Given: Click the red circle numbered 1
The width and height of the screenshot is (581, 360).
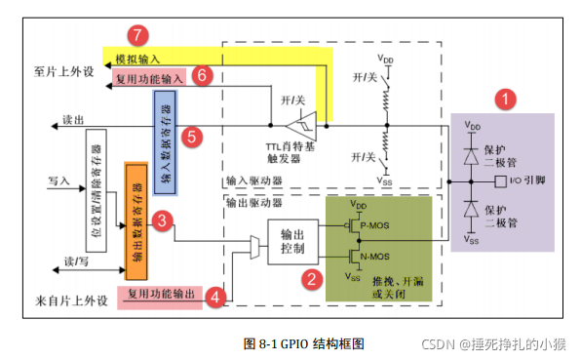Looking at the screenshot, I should tap(504, 98).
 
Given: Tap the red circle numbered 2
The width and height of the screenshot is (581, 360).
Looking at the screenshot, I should tap(311, 279).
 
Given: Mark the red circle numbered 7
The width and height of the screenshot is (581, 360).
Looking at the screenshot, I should tap(140, 35).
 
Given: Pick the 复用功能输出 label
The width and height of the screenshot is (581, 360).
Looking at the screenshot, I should tap(160, 294).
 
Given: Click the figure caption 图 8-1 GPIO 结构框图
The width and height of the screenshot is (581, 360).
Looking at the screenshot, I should tap(302, 342).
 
